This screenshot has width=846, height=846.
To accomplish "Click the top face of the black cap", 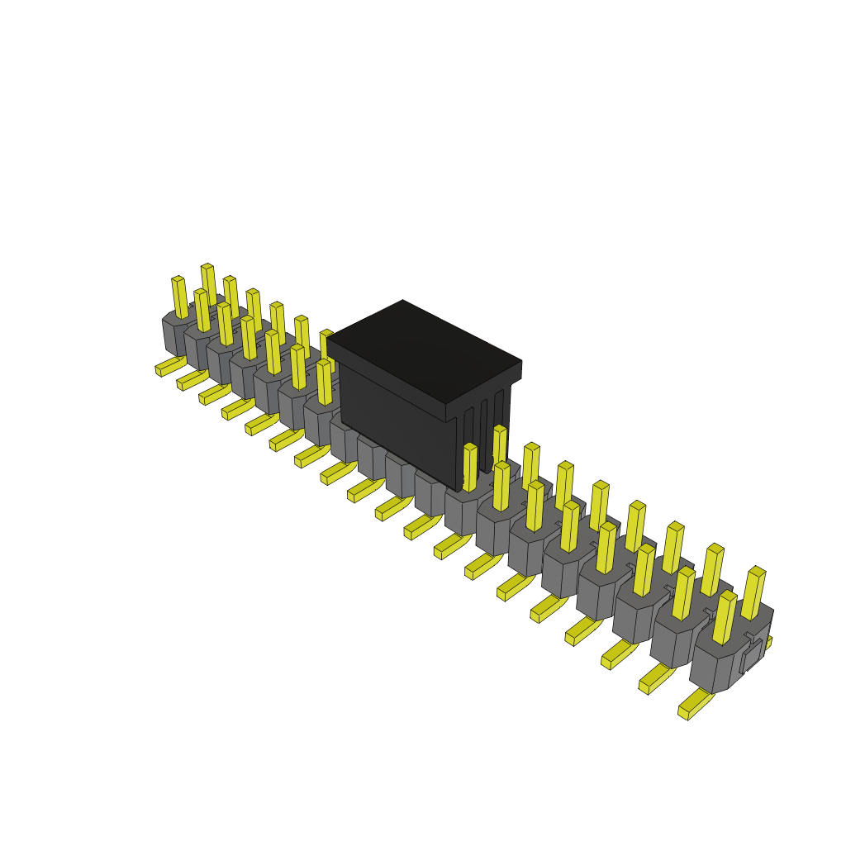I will (423, 351).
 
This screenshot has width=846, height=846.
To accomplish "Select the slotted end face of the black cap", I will (483, 430).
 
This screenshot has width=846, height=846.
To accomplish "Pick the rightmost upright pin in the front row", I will (725, 617).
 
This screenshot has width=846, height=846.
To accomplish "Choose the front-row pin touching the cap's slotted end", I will (470, 468).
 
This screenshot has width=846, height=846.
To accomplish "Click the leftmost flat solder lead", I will (169, 366).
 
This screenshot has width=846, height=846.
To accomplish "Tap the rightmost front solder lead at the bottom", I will (694, 705).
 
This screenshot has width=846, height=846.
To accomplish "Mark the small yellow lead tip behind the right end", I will (768, 642).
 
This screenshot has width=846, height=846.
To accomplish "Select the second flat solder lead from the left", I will (192, 379).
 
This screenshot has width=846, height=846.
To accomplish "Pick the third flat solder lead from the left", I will (214, 394).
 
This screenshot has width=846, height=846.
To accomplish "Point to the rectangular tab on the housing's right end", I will (751, 656).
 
